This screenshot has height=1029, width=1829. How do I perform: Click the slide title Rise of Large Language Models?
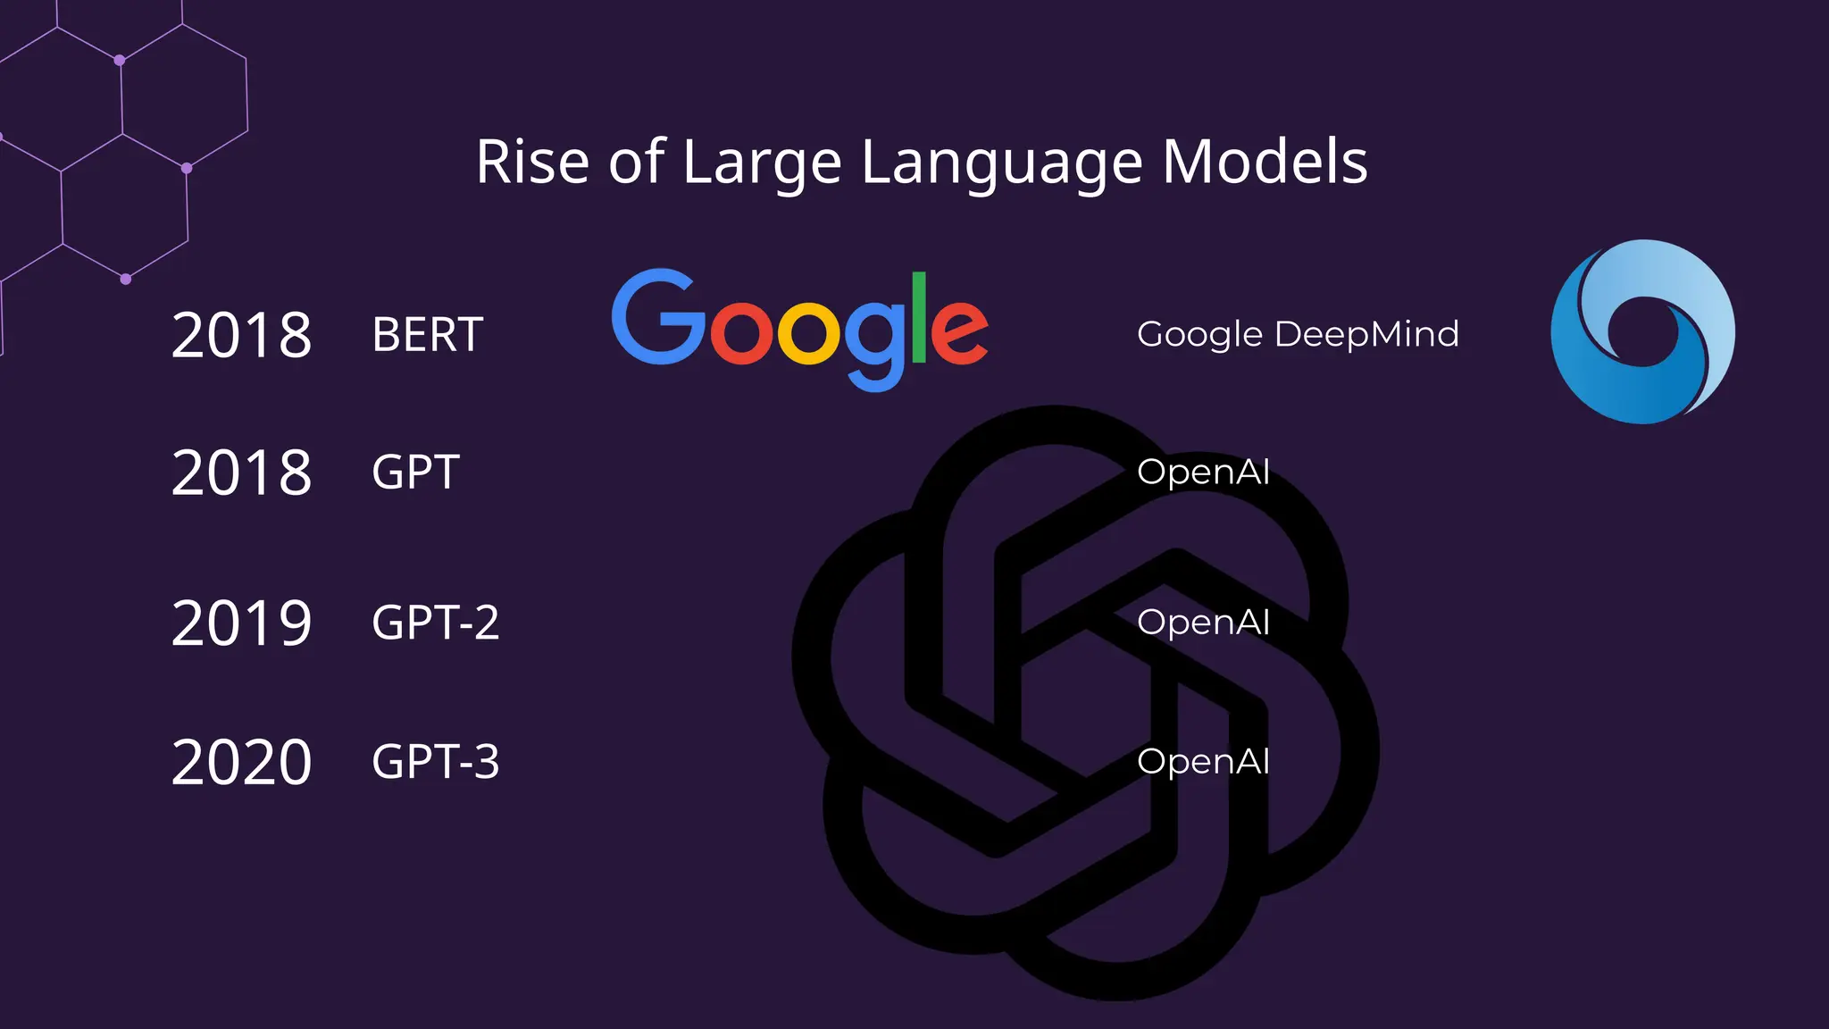click(x=921, y=163)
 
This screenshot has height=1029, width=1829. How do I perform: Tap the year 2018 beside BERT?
click(x=241, y=336)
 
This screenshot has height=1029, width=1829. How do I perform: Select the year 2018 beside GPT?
click(x=241, y=473)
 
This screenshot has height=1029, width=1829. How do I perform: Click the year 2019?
click(x=241, y=623)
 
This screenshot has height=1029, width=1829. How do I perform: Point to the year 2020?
click(x=241, y=762)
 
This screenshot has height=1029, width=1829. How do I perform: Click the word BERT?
click(x=427, y=336)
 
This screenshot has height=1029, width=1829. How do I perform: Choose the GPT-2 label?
click(x=435, y=623)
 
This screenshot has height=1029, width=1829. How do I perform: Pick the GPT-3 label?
click(x=435, y=762)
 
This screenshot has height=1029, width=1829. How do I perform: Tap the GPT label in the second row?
click(x=415, y=473)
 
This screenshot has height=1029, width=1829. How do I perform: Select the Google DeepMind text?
click(x=1298, y=335)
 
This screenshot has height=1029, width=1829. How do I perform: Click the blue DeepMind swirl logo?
click(x=1642, y=331)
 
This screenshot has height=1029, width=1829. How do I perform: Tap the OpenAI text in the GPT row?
click(x=1203, y=472)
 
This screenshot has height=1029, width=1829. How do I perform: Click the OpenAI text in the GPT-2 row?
click(x=1203, y=622)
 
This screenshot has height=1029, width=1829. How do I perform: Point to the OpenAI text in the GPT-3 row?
click(x=1203, y=761)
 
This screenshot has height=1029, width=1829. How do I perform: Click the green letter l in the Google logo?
click(x=918, y=318)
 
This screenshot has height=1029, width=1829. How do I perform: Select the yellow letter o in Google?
click(x=808, y=332)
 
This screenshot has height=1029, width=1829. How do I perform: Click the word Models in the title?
click(x=1265, y=163)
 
